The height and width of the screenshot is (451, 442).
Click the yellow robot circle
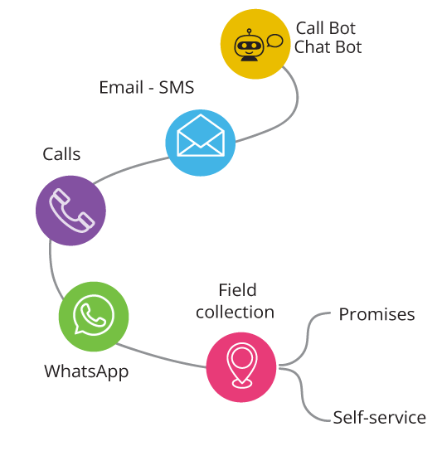coord(255,44)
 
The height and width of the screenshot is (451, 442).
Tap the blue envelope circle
coord(201,143)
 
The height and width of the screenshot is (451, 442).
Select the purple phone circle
coord(70,211)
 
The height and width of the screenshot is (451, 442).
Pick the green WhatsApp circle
coord(94,317)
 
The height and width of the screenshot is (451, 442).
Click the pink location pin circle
coord(241,367)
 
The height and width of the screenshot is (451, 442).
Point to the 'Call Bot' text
coord(326,28)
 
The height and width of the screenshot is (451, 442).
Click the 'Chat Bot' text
coord(328,47)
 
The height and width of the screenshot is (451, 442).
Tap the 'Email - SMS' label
coord(147,87)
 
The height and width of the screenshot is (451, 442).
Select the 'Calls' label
coord(61,154)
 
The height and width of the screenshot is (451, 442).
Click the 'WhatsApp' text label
coord(86,371)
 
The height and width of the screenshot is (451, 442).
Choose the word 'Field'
coord(237,289)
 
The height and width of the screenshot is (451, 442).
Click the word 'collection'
coord(235,312)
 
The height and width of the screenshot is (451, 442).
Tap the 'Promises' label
coord(377,314)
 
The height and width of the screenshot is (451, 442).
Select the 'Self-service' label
coord(380,417)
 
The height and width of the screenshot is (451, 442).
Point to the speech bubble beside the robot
coord(274,41)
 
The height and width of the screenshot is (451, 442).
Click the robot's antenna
coord(250,32)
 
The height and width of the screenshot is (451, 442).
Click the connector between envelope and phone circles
coord(130,167)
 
